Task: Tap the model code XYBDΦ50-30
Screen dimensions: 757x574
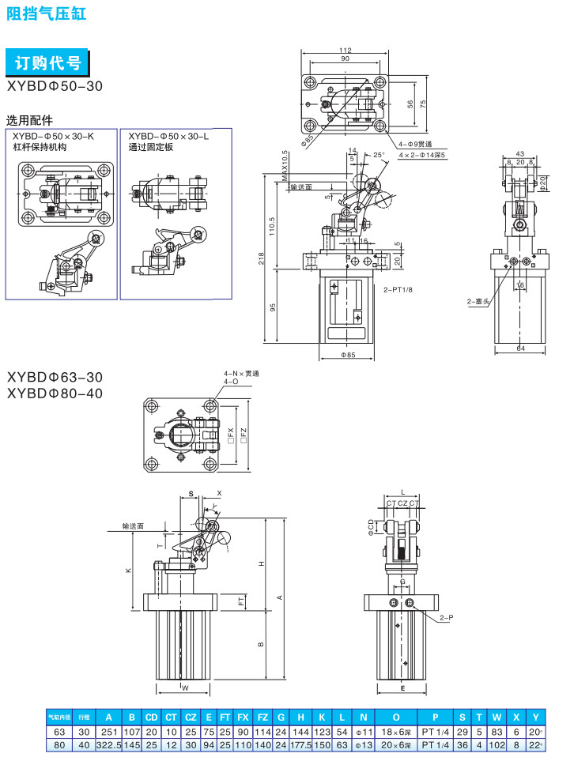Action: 54,86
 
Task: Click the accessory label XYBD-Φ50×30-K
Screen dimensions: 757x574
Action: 52,136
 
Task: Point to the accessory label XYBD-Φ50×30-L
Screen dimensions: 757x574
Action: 168,136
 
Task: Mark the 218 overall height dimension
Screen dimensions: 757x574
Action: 262,258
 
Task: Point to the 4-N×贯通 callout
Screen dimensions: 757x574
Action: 241,373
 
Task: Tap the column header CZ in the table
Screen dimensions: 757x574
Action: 191,718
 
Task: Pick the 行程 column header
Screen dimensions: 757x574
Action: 84,718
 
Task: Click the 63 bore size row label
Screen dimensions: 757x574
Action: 59,733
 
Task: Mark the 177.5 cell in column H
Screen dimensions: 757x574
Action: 300,745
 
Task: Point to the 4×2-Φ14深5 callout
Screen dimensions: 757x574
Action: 422,156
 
